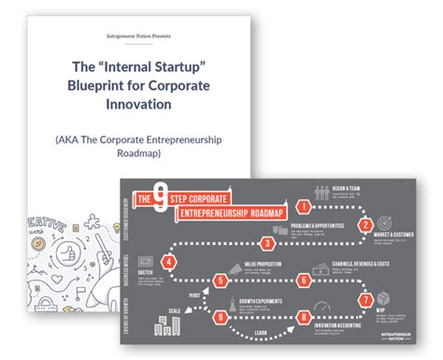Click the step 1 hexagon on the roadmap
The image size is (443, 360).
click(x=304, y=205)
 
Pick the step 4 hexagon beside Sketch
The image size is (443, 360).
click(x=167, y=263)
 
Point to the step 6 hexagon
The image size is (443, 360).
click(x=305, y=280)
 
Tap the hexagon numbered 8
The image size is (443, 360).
click(x=305, y=317)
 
